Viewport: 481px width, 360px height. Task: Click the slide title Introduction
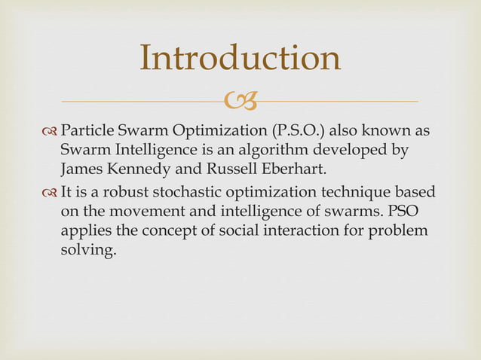tap(240, 59)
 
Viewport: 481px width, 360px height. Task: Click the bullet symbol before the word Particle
tap(51, 131)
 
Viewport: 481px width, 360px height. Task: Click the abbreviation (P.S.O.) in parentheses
tap(293, 130)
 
